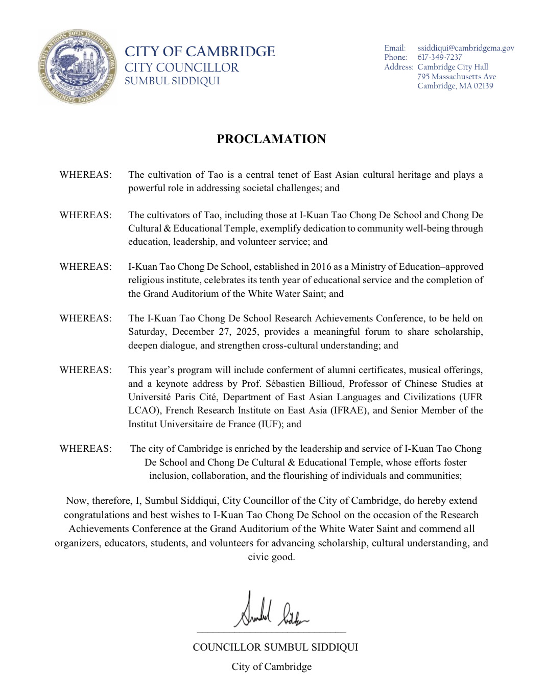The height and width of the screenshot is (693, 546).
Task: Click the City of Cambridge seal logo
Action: coord(78,66)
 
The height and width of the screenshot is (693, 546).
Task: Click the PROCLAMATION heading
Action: coord(271,139)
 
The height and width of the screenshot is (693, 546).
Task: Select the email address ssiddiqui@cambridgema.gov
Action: coord(465,48)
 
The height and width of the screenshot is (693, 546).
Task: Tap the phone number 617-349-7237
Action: coord(439,57)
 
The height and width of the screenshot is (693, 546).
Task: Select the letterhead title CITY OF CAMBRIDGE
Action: coord(200,52)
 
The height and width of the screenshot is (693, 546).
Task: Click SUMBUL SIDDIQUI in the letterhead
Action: coord(172,81)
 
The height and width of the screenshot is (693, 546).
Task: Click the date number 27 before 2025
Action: coord(224,332)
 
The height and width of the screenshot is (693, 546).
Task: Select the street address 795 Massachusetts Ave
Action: coord(457,77)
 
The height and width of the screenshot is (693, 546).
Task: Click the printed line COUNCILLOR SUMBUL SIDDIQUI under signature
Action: coord(275,647)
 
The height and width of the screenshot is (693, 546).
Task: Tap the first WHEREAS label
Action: coord(85,175)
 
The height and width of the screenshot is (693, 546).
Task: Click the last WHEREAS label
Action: coord(85,449)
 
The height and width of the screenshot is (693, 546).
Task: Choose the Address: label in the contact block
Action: coord(398,67)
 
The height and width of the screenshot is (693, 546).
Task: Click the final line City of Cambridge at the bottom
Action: coord(271,666)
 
